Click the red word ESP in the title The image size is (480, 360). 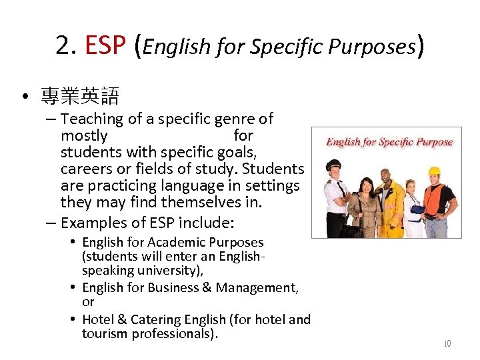pos(105,45)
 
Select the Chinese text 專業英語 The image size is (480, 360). pos(79,97)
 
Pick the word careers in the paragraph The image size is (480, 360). pos(85,169)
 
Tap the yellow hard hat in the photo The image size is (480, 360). pos(435,171)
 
